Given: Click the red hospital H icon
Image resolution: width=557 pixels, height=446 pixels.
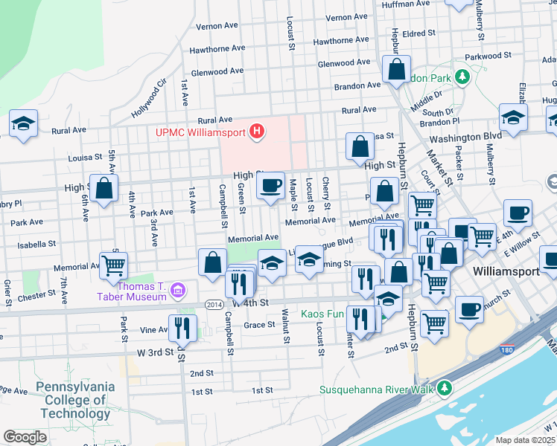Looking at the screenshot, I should click(x=257, y=132).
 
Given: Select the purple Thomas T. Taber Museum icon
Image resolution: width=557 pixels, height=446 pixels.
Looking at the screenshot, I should click(x=177, y=289).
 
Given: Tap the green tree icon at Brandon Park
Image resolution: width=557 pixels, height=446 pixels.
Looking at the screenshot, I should click(x=462, y=77).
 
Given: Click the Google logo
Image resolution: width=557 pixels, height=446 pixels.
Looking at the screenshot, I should click(x=25, y=436).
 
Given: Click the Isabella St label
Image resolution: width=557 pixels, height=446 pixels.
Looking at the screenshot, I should click(x=32, y=243).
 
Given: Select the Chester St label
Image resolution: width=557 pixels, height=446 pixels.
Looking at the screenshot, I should click(x=44, y=296).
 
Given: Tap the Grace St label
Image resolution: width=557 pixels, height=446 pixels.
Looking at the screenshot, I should click(x=260, y=325).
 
